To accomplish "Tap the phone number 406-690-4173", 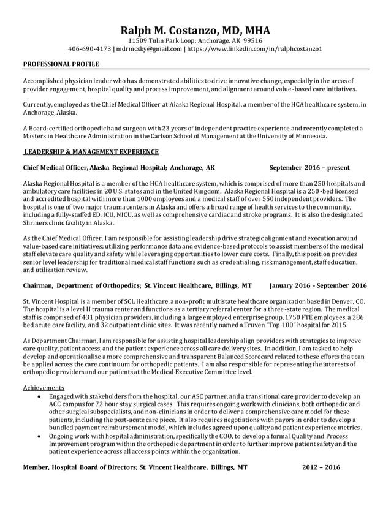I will coord(90,49).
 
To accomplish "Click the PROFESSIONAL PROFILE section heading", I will coord(61,64).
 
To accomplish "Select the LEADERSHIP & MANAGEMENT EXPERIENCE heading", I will coord(91,151).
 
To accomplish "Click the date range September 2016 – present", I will coord(309,167).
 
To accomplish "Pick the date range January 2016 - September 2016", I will coord(318,285).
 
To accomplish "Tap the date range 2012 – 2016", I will coord(321,467).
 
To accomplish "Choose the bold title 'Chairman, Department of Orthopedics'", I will coord(82,285).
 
